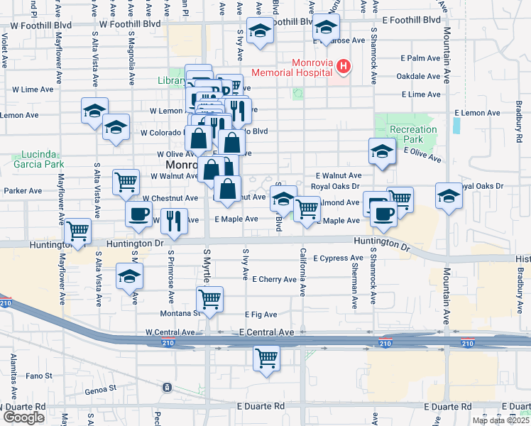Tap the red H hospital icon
click(x=344, y=67)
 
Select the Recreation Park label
click(x=413, y=135)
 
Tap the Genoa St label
click(x=102, y=388)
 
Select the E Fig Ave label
click(x=261, y=314)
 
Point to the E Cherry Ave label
click(x=274, y=280)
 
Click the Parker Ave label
click(x=23, y=191)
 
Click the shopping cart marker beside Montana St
click(x=209, y=300)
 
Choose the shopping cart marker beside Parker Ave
click(x=126, y=181)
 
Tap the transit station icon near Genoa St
click(x=166, y=387)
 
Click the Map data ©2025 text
click(x=501, y=420)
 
